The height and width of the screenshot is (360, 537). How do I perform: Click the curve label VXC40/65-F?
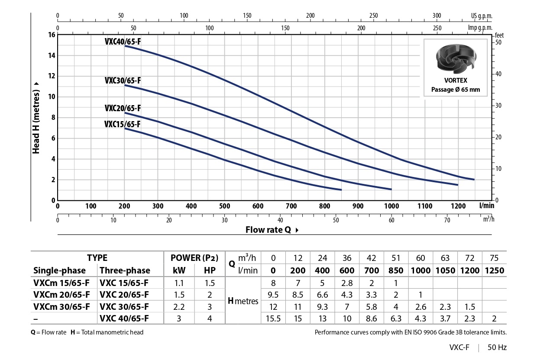(123, 42)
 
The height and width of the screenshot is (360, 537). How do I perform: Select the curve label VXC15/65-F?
(123, 124)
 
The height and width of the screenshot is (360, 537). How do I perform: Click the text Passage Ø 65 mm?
(455, 90)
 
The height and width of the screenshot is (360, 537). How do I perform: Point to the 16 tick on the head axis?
(52, 35)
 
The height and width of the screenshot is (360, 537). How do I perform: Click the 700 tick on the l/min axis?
(291, 206)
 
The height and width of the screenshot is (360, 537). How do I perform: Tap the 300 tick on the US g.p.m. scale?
(437, 16)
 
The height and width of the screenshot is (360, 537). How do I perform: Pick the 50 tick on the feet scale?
(498, 42)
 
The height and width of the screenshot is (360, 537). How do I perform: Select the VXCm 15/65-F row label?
(61, 283)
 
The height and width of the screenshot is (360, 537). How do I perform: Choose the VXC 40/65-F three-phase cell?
(124, 319)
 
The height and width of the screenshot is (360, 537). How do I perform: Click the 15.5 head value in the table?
(273, 319)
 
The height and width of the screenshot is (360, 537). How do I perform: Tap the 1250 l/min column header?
(494, 270)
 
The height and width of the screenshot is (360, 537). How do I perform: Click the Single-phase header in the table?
(59, 270)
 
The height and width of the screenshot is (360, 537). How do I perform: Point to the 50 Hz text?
(497, 347)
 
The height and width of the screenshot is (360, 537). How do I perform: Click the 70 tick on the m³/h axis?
(447, 220)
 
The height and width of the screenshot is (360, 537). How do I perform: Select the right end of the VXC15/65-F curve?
(341, 190)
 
